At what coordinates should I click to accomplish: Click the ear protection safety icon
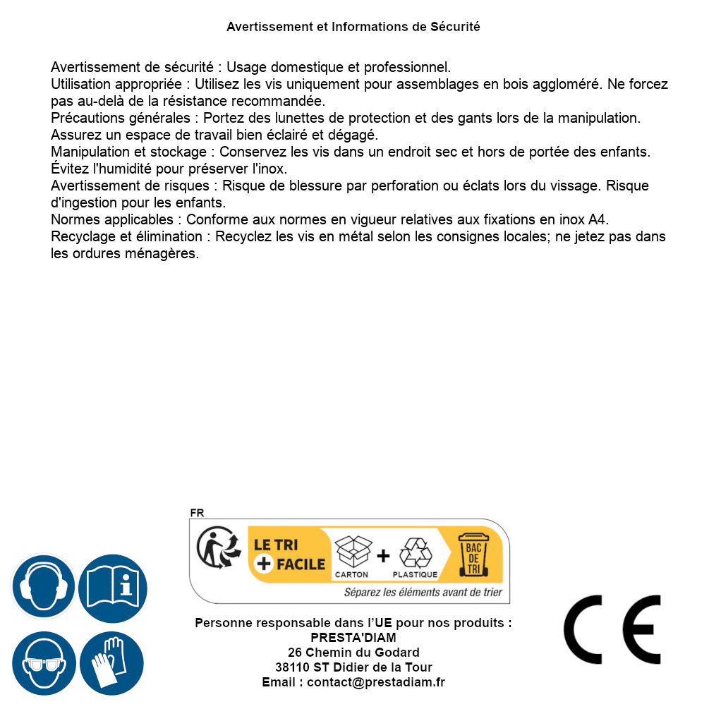click(x=43, y=586)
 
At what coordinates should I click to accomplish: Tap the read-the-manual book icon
click(x=112, y=586)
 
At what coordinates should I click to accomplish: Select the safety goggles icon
click(x=43, y=663)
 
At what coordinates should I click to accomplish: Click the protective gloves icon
click(x=112, y=663)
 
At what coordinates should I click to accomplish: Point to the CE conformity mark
click(x=612, y=629)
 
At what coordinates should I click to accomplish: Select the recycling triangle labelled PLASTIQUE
click(x=415, y=553)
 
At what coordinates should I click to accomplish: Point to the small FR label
click(x=197, y=513)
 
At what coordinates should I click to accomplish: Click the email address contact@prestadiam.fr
click(x=376, y=682)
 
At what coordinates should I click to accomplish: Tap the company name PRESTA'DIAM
click(x=353, y=638)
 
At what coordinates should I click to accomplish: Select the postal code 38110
click(x=292, y=667)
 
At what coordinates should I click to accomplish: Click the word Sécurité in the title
click(x=455, y=27)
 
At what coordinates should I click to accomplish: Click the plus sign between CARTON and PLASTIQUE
click(x=383, y=556)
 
